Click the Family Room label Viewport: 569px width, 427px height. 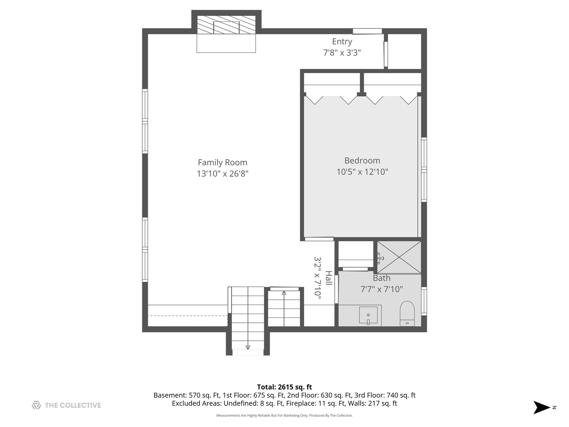click(222, 162)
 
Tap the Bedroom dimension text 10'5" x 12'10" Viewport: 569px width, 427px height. click(362, 172)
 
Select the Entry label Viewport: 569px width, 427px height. click(342, 42)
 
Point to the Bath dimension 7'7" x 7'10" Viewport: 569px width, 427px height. click(381, 289)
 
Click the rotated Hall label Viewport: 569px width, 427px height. click(328, 278)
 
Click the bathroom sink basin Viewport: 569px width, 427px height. click(368, 315)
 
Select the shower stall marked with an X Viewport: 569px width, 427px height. click(399, 257)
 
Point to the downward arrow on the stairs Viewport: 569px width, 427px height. click(248, 347)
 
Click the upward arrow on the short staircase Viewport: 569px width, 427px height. click(284, 293)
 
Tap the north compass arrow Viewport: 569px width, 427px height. click(542, 407)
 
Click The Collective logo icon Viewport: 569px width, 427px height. click(36, 405)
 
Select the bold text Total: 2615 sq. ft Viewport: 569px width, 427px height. click(284, 387)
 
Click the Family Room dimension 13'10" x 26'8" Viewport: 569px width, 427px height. click(222, 174)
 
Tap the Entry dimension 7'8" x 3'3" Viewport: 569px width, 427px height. click(342, 53)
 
